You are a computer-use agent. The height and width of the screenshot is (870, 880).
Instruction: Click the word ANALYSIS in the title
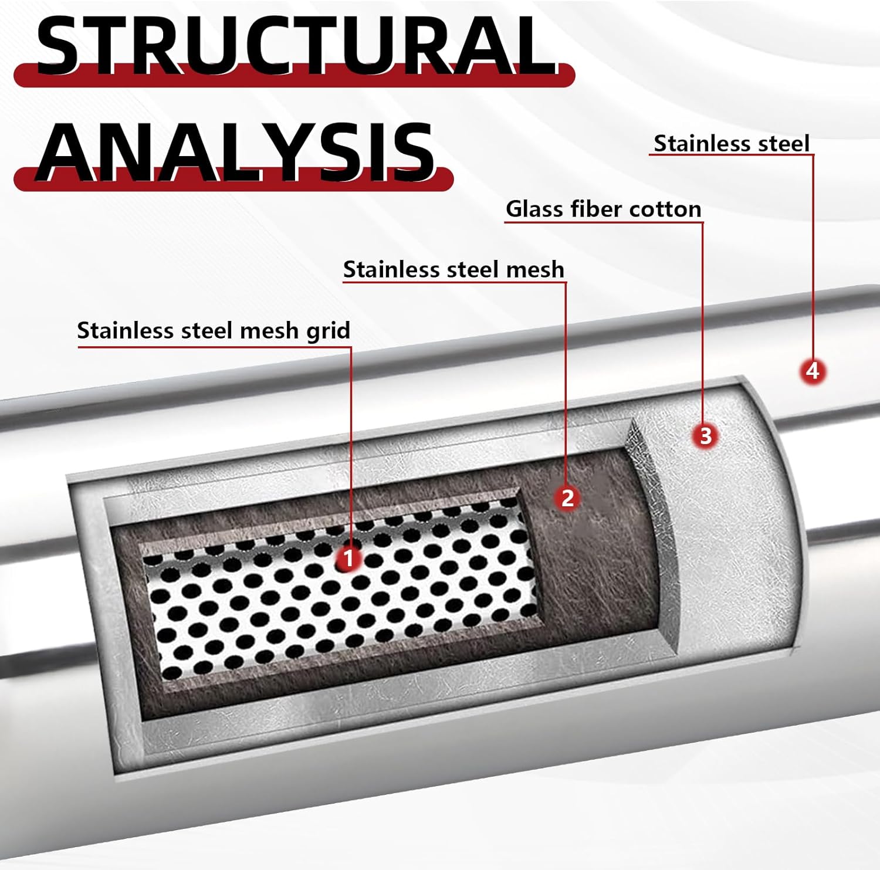coord(235,151)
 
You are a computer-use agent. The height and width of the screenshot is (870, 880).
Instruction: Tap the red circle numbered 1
coord(348,558)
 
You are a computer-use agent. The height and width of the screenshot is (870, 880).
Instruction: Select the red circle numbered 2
coord(567,497)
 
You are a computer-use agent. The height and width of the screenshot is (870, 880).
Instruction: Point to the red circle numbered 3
coord(705,435)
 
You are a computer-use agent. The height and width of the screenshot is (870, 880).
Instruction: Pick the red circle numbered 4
coord(813,371)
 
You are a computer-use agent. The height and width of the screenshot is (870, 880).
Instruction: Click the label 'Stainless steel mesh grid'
coord(214,330)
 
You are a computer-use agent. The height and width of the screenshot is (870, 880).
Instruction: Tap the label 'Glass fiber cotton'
coord(603,209)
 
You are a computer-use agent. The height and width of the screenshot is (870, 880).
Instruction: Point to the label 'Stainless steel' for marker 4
coord(731,144)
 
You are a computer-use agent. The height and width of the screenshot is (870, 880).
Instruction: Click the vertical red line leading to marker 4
coord(813,258)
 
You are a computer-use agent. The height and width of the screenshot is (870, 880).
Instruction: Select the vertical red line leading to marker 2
coord(566,381)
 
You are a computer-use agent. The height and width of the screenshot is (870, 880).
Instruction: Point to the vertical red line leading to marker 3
coord(703,323)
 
